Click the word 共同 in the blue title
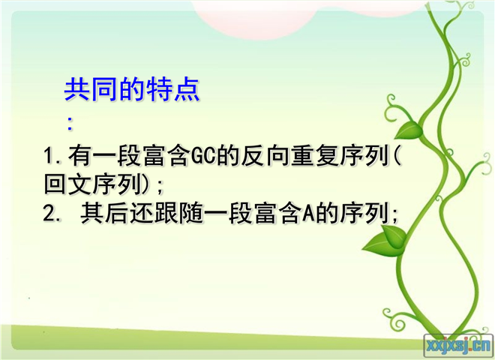pos(91,89)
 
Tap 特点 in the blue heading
pos(172,89)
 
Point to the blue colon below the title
pos(70,124)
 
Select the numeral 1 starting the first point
pos(49,155)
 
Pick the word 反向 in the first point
pos(253,155)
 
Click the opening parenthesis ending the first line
pos(397,155)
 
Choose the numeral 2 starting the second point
pos(49,214)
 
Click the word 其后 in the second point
pos(104,214)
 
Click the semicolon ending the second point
pos(394,214)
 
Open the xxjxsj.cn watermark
pos(459,346)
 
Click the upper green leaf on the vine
pos(409,130)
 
